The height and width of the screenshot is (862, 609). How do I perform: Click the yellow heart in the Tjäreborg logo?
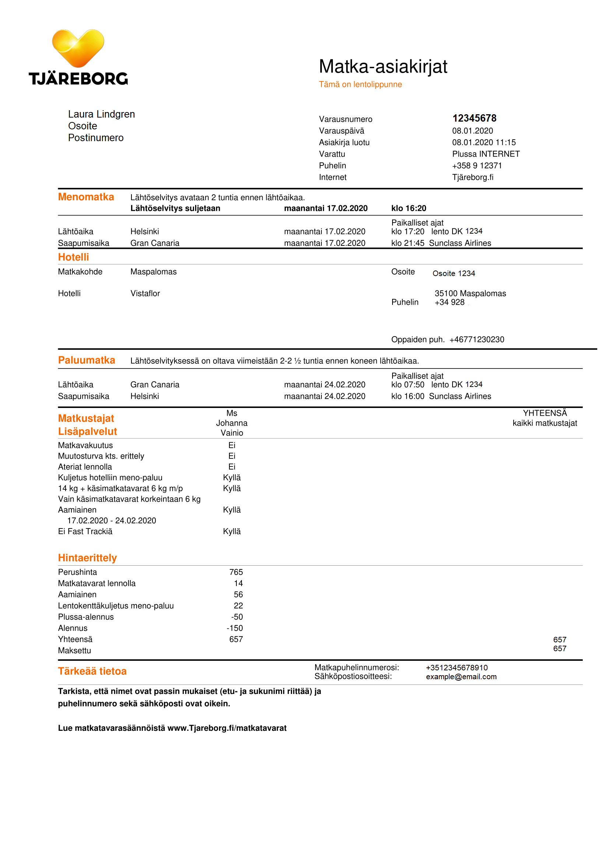(x=78, y=47)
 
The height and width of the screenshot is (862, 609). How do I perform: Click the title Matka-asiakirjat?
(x=383, y=66)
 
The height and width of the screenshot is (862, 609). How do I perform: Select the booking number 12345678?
(x=474, y=118)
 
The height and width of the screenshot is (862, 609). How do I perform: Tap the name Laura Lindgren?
(x=101, y=114)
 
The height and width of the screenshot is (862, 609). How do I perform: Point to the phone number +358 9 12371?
(x=476, y=165)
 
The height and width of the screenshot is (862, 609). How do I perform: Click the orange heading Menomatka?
(x=86, y=197)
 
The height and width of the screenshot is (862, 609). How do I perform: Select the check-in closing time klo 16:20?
(x=408, y=208)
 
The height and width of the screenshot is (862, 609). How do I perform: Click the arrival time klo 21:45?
(x=408, y=243)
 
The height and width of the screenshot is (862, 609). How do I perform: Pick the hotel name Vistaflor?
(x=145, y=294)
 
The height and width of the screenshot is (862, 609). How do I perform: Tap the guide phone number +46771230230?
(x=476, y=340)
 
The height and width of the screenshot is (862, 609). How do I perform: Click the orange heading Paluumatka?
(x=86, y=360)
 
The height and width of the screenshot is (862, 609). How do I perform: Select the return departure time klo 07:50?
(x=408, y=385)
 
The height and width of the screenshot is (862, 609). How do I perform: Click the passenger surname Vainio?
(x=232, y=433)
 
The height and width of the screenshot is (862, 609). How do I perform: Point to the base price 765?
(x=236, y=573)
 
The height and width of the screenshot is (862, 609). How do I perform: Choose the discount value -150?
(x=235, y=628)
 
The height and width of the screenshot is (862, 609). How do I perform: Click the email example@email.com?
(x=461, y=677)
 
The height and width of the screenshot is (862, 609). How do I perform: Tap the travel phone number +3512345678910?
(x=456, y=668)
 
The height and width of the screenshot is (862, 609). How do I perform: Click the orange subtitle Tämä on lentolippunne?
(x=360, y=84)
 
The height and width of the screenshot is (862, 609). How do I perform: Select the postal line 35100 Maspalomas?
(x=470, y=294)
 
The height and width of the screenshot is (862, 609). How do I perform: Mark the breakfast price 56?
(x=238, y=595)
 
